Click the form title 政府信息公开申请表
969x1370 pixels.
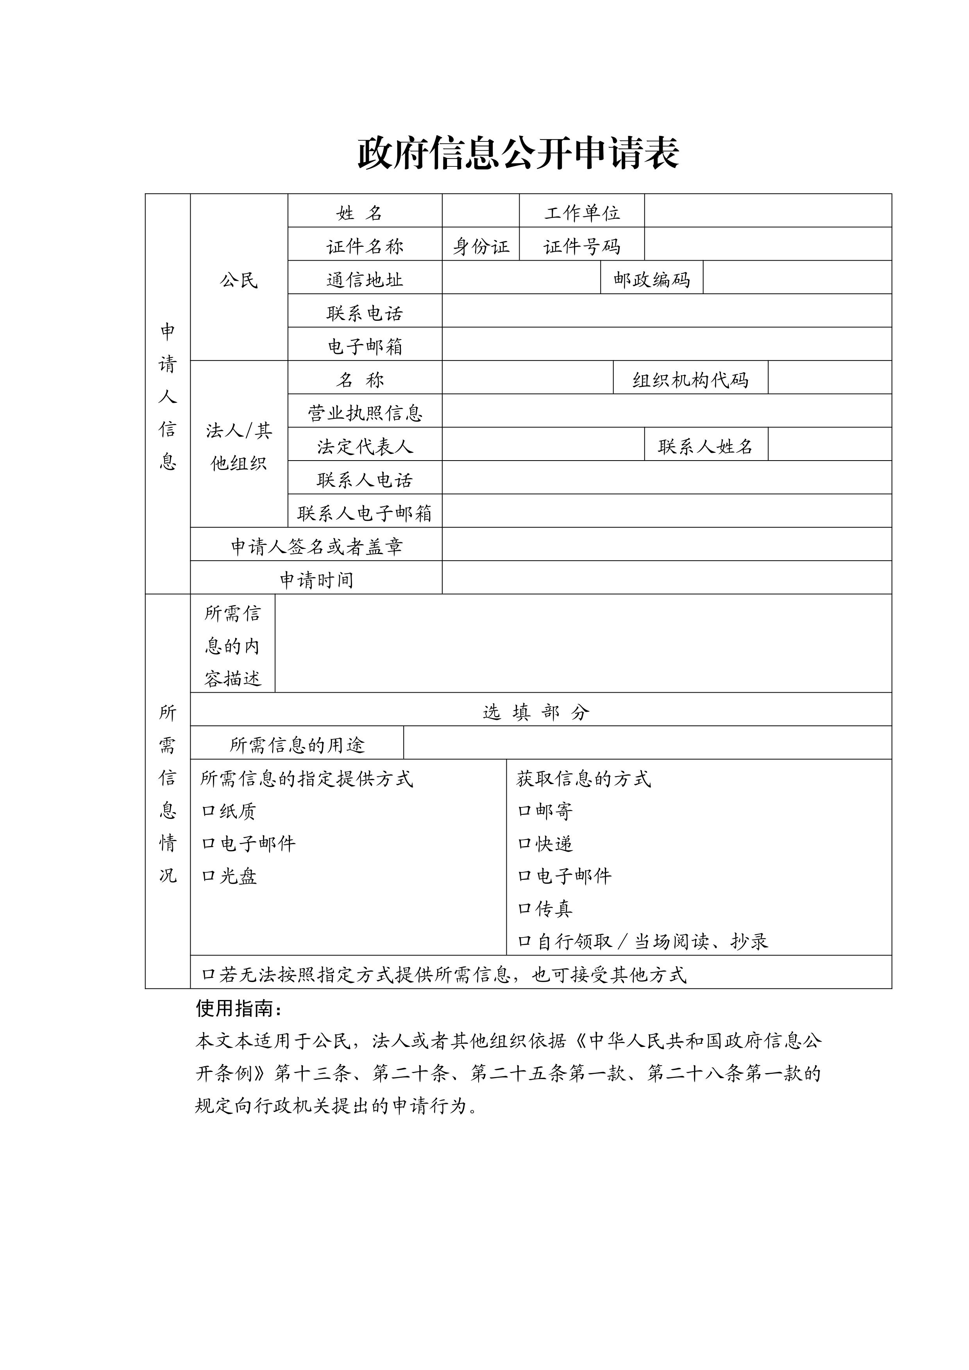click(518, 154)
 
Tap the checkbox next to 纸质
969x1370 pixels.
click(208, 811)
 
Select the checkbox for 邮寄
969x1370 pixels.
click(524, 811)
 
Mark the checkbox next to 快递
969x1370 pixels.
click(524, 844)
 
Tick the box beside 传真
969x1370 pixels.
click(524, 909)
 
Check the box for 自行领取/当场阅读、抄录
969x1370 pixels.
click(524, 941)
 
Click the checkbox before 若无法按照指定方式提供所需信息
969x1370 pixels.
click(208, 975)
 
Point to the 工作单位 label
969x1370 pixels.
click(582, 213)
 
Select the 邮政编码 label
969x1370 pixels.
click(652, 280)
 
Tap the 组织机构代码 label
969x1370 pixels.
click(690, 380)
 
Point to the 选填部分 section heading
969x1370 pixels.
click(535, 712)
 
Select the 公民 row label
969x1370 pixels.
click(239, 280)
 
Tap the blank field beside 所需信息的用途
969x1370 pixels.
click(647, 743)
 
